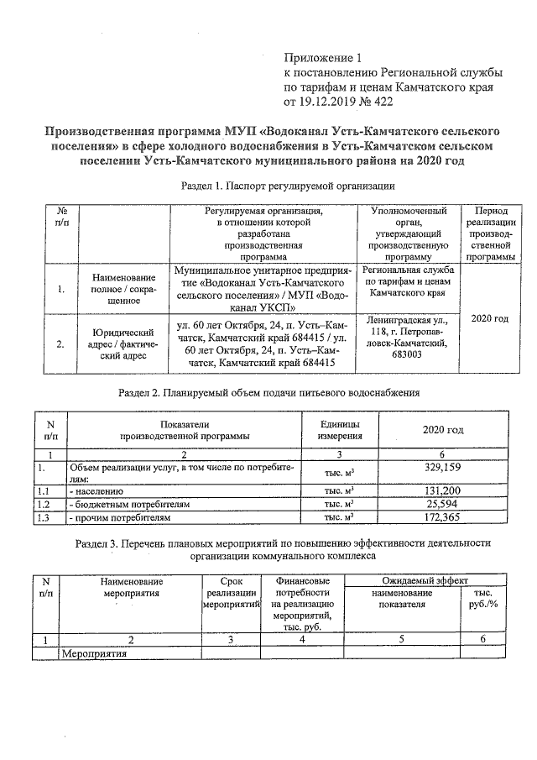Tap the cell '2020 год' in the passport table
click(x=490, y=319)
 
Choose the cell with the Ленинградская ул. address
click(x=411, y=338)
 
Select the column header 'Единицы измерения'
click(x=340, y=429)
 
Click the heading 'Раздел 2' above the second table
click(x=268, y=392)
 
